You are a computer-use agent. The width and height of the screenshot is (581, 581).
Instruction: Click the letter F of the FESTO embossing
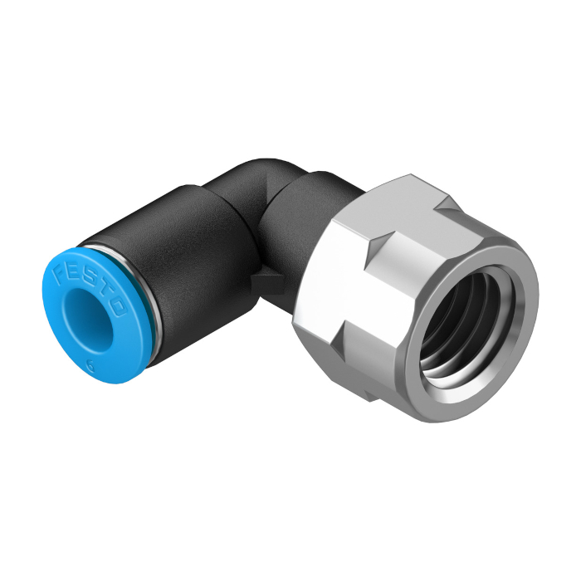[x=61, y=275]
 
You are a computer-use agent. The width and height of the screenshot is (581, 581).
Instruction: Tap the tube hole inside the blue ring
[x=88, y=320]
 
